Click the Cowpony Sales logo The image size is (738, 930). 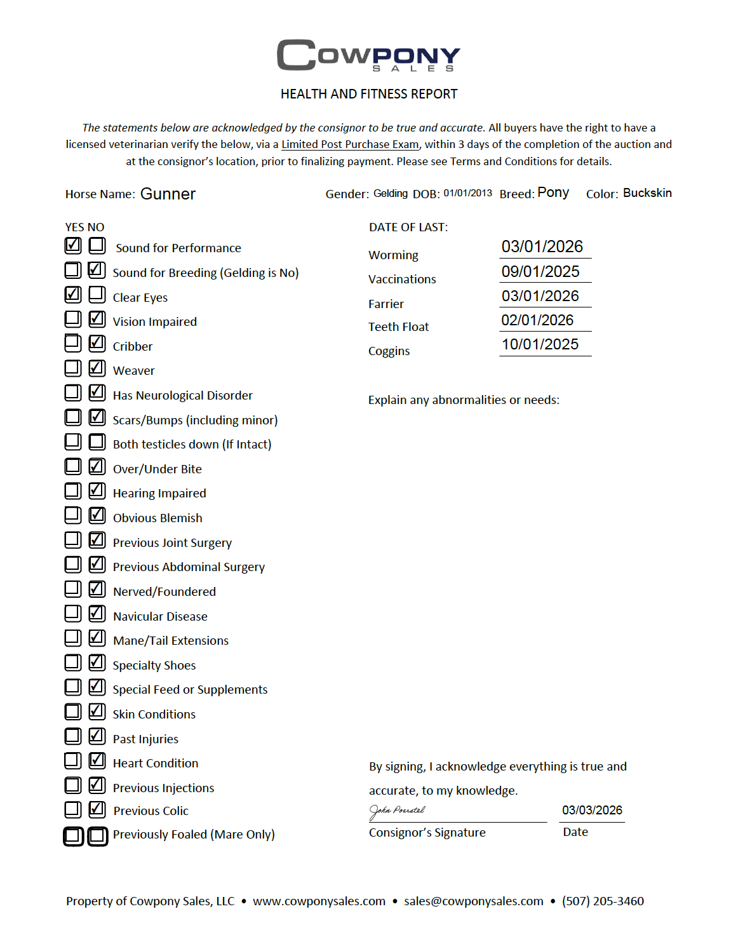tap(368, 55)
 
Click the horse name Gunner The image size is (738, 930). tap(168, 194)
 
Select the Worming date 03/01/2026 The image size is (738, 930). tap(542, 246)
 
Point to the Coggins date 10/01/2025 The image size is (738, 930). tap(540, 344)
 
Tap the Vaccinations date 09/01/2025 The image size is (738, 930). tap(540, 271)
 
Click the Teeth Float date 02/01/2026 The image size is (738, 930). tap(537, 320)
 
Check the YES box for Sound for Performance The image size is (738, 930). tap(73, 245)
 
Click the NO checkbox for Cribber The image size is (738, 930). tap(97, 343)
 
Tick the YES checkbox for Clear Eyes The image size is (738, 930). tap(73, 294)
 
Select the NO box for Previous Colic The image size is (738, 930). tap(97, 809)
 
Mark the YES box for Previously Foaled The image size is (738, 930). tap(73, 836)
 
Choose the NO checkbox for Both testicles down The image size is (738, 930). tap(97, 441)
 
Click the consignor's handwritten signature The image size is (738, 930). tap(397, 811)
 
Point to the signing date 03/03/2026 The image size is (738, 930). tap(592, 810)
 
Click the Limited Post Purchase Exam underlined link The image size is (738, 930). tap(350, 144)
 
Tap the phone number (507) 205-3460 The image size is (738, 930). tap(603, 901)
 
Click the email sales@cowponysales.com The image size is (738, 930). tap(474, 901)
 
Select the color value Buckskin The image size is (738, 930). tap(647, 193)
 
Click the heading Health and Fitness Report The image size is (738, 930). tap(369, 94)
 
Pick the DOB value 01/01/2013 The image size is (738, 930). tap(467, 193)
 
